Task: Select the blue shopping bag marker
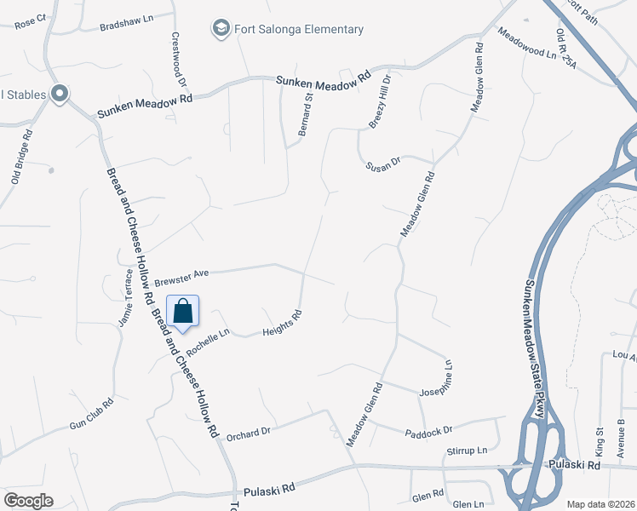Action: (x=183, y=312)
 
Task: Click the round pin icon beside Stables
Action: (x=60, y=94)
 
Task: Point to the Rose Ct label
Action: (x=29, y=18)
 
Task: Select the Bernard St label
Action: (x=304, y=115)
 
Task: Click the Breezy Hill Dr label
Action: (x=379, y=100)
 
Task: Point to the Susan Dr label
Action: (x=383, y=163)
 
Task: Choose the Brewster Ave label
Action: (x=181, y=277)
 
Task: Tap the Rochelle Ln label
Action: (x=208, y=342)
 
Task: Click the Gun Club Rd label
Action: (x=91, y=413)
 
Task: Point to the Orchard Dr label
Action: (x=248, y=433)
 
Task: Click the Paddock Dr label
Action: (x=429, y=431)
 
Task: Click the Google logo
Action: (x=28, y=501)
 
